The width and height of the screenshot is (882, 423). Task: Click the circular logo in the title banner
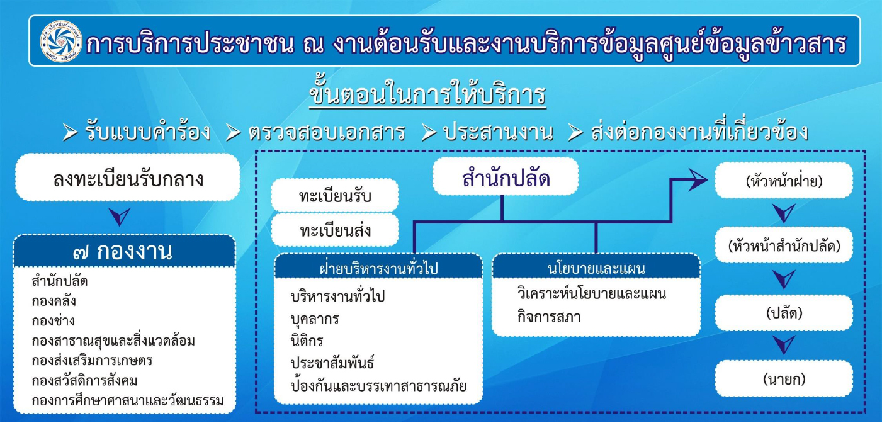tap(61, 42)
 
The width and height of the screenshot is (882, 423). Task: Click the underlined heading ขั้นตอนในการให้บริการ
tap(427, 94)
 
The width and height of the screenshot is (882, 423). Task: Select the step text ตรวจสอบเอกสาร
tap(327, 132)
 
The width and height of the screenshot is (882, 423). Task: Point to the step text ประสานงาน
tap(499, 132)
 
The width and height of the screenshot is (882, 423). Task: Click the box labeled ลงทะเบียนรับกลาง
tap(128, 178)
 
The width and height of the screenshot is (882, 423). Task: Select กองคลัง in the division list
tap(54, 302)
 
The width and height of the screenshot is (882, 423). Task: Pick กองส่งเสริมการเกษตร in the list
tap(92, 360)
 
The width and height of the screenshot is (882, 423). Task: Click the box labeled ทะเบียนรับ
tap(335, 195)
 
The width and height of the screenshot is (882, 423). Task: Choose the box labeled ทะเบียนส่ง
tap(335, 230)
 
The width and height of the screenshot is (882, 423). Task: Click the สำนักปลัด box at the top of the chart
tap(506, 176)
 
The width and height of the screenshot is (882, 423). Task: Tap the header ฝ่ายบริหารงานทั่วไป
tap(378, 268)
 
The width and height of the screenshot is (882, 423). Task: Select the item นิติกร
tap(307, 341)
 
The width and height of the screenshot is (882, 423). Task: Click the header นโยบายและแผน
tap(596, 268)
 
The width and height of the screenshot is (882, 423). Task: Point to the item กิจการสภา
tap(549, 317)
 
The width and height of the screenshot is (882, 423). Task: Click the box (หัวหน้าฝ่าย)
tap(784, 181)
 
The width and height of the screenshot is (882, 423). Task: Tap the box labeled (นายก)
tap(784, 378)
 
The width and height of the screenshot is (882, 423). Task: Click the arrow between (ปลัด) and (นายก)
tap(784, 345)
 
